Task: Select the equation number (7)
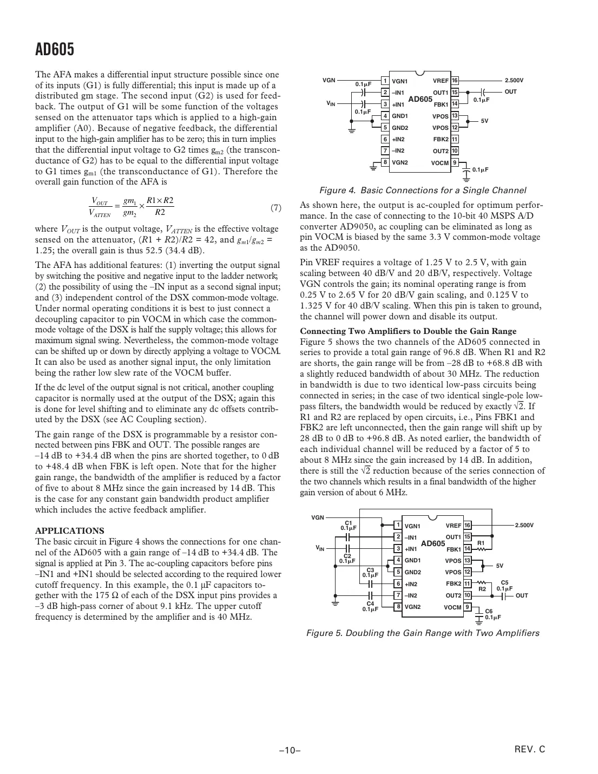tap(275, 208)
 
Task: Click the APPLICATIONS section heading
tap(69, 530)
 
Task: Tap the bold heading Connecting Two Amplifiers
tap(408, 331)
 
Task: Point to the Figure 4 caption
tap(423, 191)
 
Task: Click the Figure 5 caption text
tap(423, 633)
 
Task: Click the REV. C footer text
tap(530, 749)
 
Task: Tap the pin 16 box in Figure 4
tap(455, 81)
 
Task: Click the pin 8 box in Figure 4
tap(385, 162)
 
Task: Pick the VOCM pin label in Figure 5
tap(452, 607)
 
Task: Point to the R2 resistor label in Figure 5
tap(482, 588)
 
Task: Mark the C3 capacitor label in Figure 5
tap(370, 570)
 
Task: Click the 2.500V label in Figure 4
tap(514, 81)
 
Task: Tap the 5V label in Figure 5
tap(500, 566)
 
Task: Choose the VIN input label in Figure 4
tap(330, 103)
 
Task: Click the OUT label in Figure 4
tap(510, 92)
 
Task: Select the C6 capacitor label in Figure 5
tap(489, 611)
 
